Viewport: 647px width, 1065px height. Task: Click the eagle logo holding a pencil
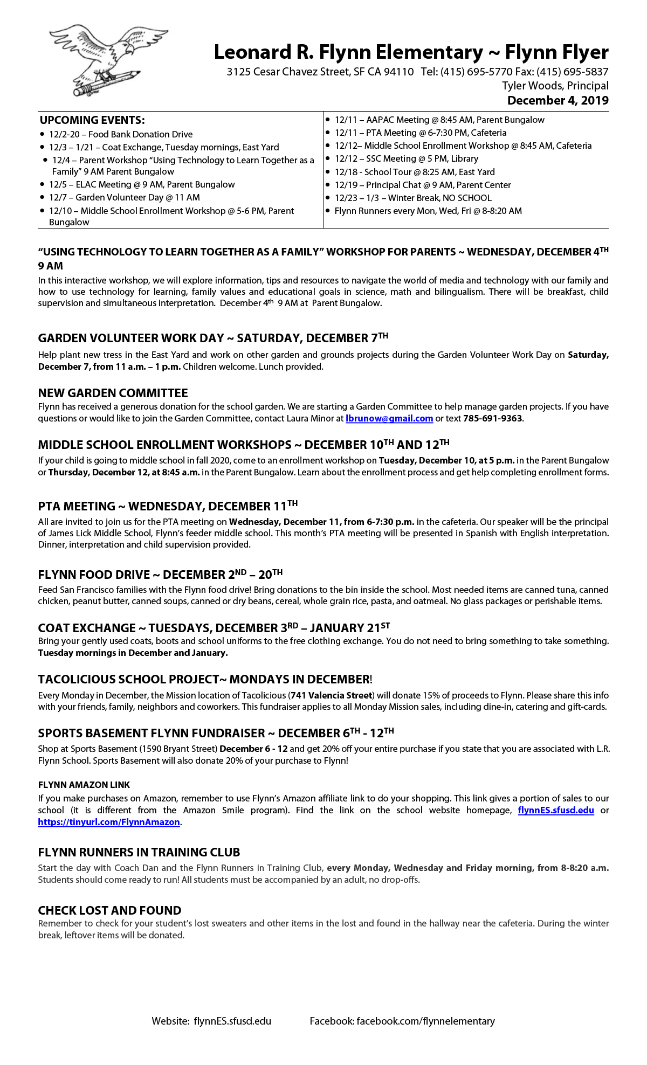point(108,59)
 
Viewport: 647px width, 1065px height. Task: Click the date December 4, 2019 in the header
point(557,101)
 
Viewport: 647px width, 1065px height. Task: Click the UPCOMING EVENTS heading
point(92,120)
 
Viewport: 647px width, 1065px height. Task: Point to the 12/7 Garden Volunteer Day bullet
point(124,198)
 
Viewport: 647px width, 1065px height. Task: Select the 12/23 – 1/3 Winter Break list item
point(412,198)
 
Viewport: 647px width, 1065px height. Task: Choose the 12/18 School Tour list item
point(414,172)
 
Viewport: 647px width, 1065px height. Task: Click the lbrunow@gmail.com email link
point(389,419)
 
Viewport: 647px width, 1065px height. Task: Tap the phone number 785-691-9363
point(492,419)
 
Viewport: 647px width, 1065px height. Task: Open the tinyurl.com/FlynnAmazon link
point(108,822)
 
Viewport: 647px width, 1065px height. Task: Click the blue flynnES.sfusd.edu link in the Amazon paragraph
point(555,811)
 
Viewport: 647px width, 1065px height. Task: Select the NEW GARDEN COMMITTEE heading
point(113,393)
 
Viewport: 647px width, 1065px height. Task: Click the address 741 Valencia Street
point(331,695)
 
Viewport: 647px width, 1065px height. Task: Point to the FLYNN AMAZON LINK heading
point(84,785)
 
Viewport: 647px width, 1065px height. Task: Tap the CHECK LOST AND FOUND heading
point(109,911)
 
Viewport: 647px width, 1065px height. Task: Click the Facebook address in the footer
point(402,1021)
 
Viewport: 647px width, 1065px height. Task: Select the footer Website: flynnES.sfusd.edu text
point(211,1021)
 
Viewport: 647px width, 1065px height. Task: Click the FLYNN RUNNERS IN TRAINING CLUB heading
point(139,853)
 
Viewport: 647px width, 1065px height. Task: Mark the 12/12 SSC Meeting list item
point(406,159)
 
